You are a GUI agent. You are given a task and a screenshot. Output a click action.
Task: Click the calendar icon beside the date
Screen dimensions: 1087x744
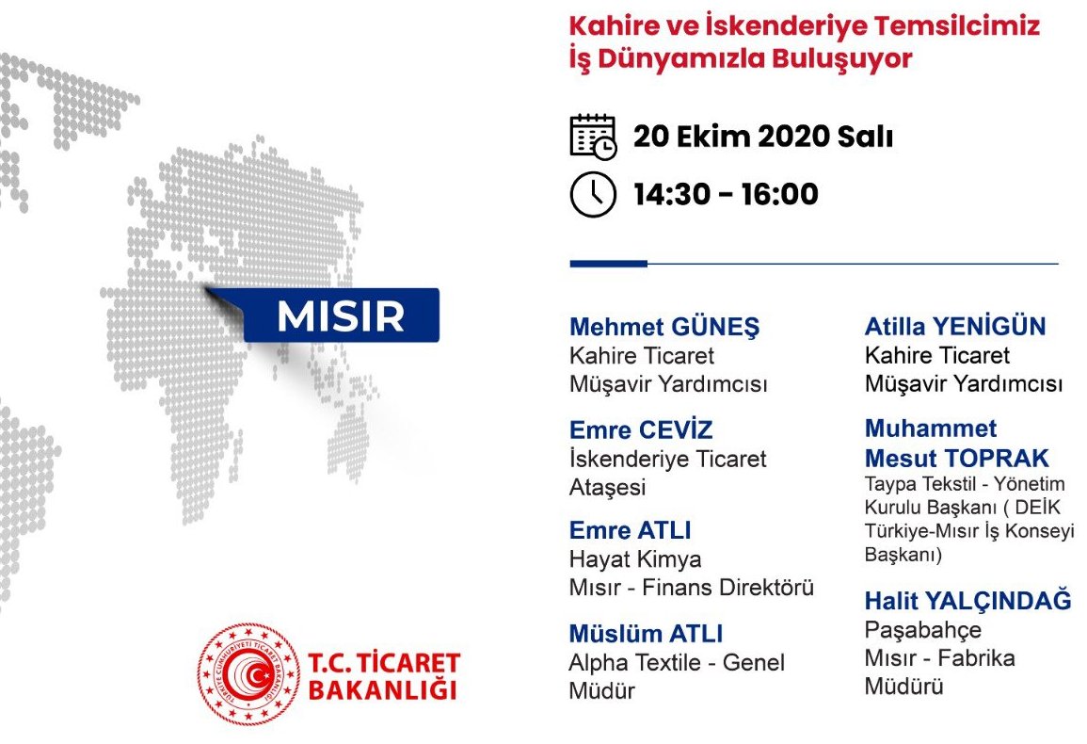pyautogui.click(x=593, y=137)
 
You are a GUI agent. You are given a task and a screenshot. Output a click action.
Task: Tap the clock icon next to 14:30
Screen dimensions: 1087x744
pyautogui.click(x=593, y=194)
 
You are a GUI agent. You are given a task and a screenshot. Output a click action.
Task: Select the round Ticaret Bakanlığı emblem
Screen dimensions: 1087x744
pyautogui.click(x=248, y=673)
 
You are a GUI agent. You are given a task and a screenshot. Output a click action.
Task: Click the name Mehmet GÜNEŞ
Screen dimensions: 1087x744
pyautogui.click(x=664, y=326)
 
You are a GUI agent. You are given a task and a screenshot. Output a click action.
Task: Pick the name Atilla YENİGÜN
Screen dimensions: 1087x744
pyautogui.click(x=955, y=326)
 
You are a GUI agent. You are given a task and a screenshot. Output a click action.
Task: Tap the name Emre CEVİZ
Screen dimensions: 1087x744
pyautogui.click(x=641, y=429)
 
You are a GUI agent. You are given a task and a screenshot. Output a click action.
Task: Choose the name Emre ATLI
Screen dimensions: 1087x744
pyautogui.click(x=631, y=530)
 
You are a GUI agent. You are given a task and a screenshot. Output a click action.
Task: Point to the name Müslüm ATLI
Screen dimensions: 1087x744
pyautogui.click(x=647, y=634)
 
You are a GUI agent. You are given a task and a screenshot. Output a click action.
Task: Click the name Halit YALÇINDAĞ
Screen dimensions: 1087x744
pyautogui.click(x=967, y=601)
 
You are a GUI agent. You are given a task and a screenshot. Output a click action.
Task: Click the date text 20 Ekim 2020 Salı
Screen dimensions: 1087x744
pyautogui.click(x=762, y=137)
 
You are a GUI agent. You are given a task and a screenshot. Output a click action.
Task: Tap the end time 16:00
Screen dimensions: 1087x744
pyautogui.click(x=779, y=194)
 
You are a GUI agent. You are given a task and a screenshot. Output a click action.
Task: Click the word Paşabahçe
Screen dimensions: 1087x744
pyautogui.click(x=922, y=630)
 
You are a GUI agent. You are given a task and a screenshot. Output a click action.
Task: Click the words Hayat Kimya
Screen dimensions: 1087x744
pyautogui.click(x=635, y=558)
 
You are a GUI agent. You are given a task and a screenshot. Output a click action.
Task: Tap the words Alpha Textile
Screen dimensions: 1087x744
pyautogui.click(x=638, y=663)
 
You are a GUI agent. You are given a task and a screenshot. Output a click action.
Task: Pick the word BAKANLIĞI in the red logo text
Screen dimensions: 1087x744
pyautogui.click(x=383, y=690)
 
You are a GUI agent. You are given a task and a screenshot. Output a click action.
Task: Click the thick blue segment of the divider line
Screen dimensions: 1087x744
pyautogui.click(x=609, y=264)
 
